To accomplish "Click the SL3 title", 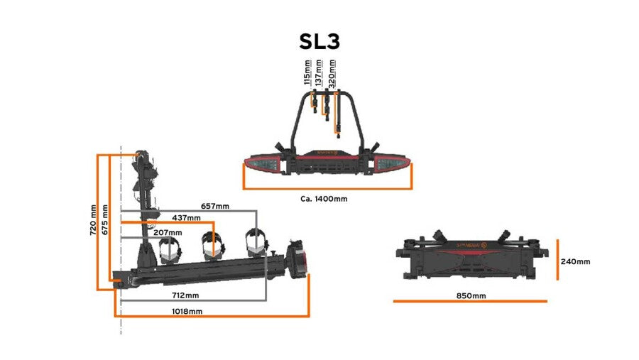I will [x=319, y=41].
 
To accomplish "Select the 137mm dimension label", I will [x=319, y=73].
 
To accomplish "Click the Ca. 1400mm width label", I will [x=324, y=199].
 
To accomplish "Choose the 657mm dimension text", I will [x=215, y=206].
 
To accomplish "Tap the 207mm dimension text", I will [x=167, y=232].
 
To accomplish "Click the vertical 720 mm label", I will [x=93, y=221].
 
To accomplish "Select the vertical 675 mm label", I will [x=104, y=221].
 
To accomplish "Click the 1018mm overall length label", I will [x=187, y=312].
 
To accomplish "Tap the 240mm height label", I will [x=575, y=261].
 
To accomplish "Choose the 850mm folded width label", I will [x=470, y=295].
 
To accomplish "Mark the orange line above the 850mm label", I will [x=470, y=302].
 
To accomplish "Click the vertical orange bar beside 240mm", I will [x=557, y=261].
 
